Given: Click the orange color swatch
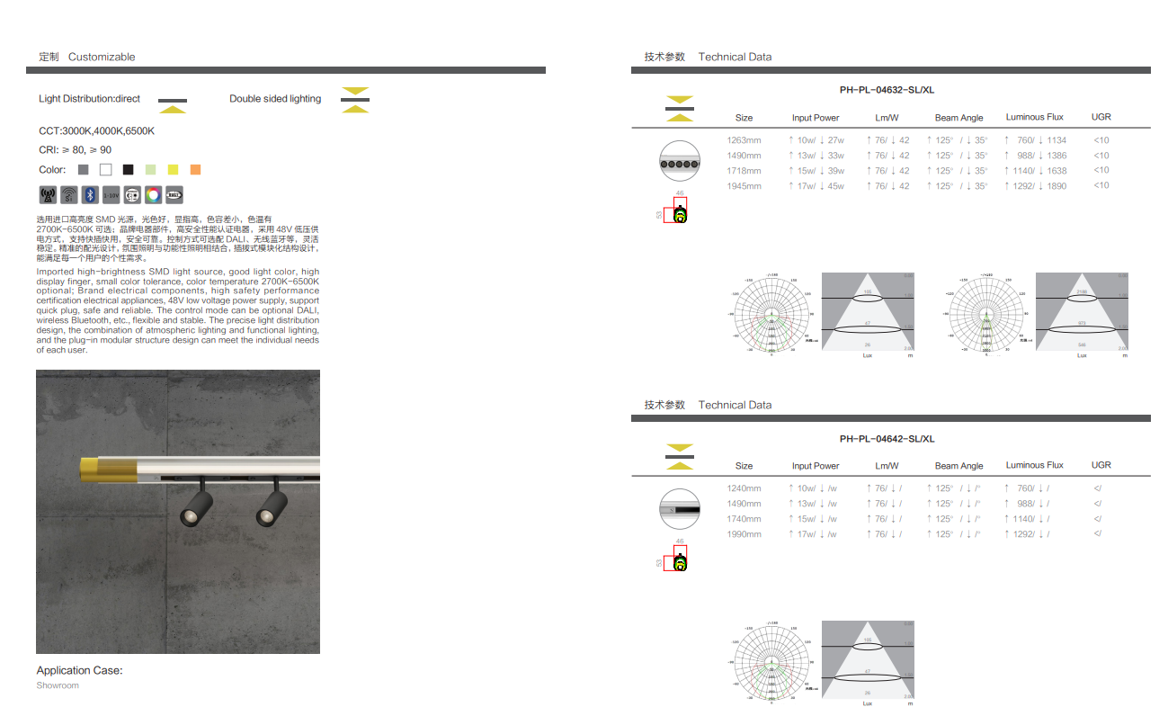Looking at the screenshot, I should pos(195,169).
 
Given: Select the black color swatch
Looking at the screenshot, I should pos(129,169).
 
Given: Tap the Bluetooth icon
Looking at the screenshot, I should pos(90,194).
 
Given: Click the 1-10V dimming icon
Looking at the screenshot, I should pos(111,194).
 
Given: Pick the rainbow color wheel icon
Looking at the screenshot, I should pos(153,194).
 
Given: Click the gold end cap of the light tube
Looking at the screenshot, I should pos(89,469).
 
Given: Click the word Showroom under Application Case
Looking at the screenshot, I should pos(58,685).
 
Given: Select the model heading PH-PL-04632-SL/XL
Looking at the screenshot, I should pos(887,90).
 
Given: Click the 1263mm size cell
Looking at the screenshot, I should pos(744,140).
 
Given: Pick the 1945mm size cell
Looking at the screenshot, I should pos(744,186).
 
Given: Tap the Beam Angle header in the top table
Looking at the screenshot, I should pos(958,118).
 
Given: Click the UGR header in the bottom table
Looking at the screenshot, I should pos(1101,465).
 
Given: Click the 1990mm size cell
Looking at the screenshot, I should pos(744,534).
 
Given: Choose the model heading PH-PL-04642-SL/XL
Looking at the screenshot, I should pos(887,439).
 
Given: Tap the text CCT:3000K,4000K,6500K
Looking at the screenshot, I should pos(96,131).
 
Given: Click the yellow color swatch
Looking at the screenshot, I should pos(173,169).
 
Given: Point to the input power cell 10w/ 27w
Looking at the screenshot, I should pos(816,140).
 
